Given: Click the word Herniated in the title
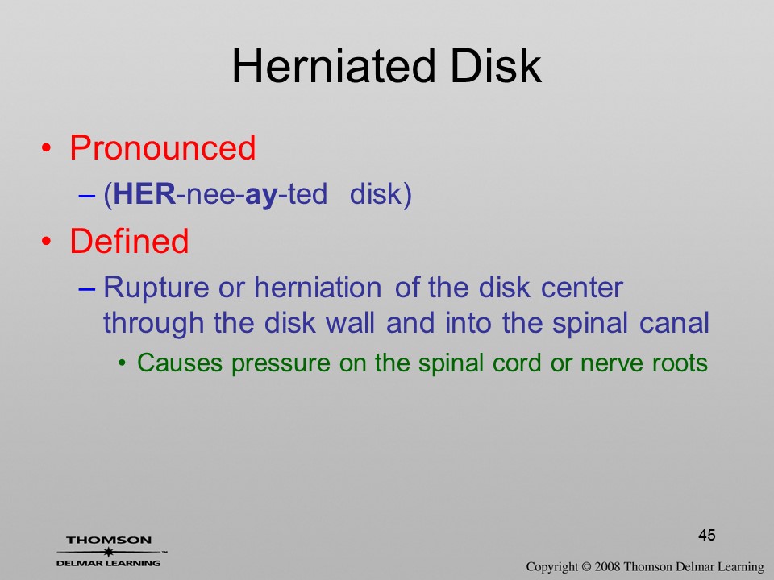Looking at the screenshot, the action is [x=334, y=67].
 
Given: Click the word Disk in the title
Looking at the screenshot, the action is [x=496, y=67].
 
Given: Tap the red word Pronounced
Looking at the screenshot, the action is [x=163, y=148].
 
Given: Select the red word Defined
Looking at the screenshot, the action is [x=129, y=241].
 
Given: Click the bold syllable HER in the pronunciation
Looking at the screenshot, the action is [x=144, y=194].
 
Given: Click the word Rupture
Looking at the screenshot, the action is [x=156, y=288].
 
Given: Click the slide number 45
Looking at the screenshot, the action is [x=707, y=535].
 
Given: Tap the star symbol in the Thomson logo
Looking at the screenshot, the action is [x=108, y=552].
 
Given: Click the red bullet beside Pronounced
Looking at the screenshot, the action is [x=47, y=148].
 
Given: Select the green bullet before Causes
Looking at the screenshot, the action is [x=122, y=364].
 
